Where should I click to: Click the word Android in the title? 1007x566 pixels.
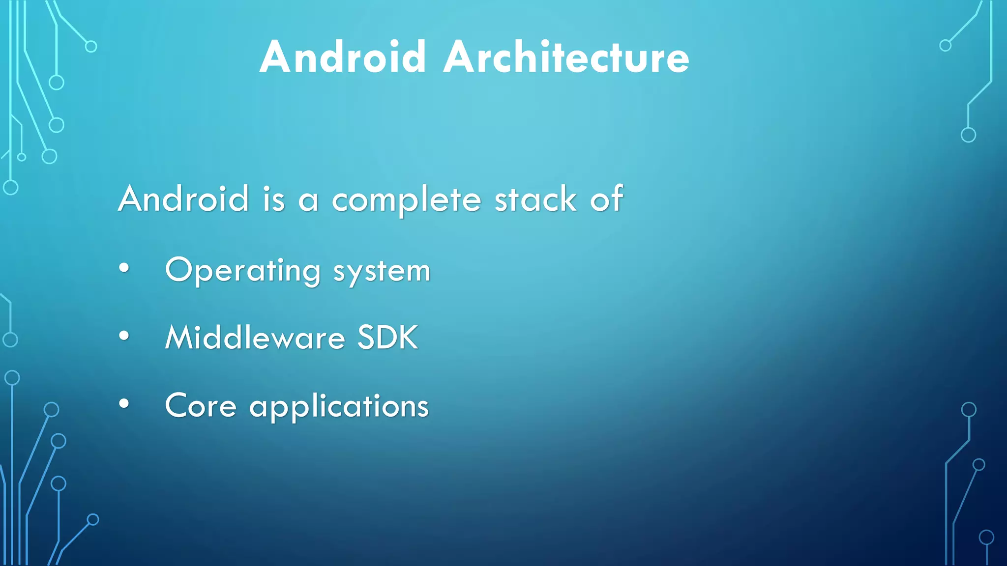(x=343, y=57)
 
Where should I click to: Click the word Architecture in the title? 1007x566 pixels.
(x=566, y=57)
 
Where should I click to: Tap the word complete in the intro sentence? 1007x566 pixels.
(x=406, y=199)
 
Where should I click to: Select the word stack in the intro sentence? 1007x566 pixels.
(x=535, y=199)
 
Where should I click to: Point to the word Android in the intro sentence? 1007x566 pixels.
(x=183, y=198)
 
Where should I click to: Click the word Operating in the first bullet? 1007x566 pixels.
(x=243, y=271)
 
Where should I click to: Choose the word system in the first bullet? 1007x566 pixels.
(x=382, y=272)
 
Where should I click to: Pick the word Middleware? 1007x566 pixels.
(x=255, y=338)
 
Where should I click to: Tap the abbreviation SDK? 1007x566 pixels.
(x=387, y=338)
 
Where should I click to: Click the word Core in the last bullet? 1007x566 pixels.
(x=201, y=406)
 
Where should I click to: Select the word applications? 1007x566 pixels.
(x=339, y=407)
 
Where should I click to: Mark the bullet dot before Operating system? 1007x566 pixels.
(x=124, y=268)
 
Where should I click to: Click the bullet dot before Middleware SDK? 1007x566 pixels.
(x=124, y=336)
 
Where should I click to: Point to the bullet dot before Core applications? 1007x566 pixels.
(x=124, y=404)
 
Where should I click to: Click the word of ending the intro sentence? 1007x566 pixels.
(x=607, y=198)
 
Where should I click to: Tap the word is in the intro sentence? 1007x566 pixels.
(x=274, y=199)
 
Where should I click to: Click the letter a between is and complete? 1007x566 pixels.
(x=308, y=201)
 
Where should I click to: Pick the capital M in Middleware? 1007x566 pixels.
(x=181, y=338)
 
